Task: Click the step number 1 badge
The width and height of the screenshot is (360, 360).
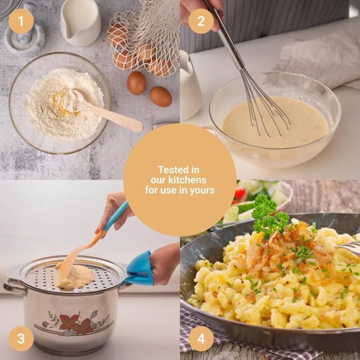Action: pos(21,21)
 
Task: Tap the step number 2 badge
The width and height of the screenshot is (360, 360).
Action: pos(201,21)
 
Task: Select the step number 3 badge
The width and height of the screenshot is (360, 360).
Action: pos(21,339)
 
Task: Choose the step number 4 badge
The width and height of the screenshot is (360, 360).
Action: pos(201,339)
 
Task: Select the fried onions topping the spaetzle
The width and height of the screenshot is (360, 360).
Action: pos(280,248)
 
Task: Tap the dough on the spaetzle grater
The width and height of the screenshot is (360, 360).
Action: pos(76,276)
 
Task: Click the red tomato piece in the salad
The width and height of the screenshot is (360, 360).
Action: pos(240,194)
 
